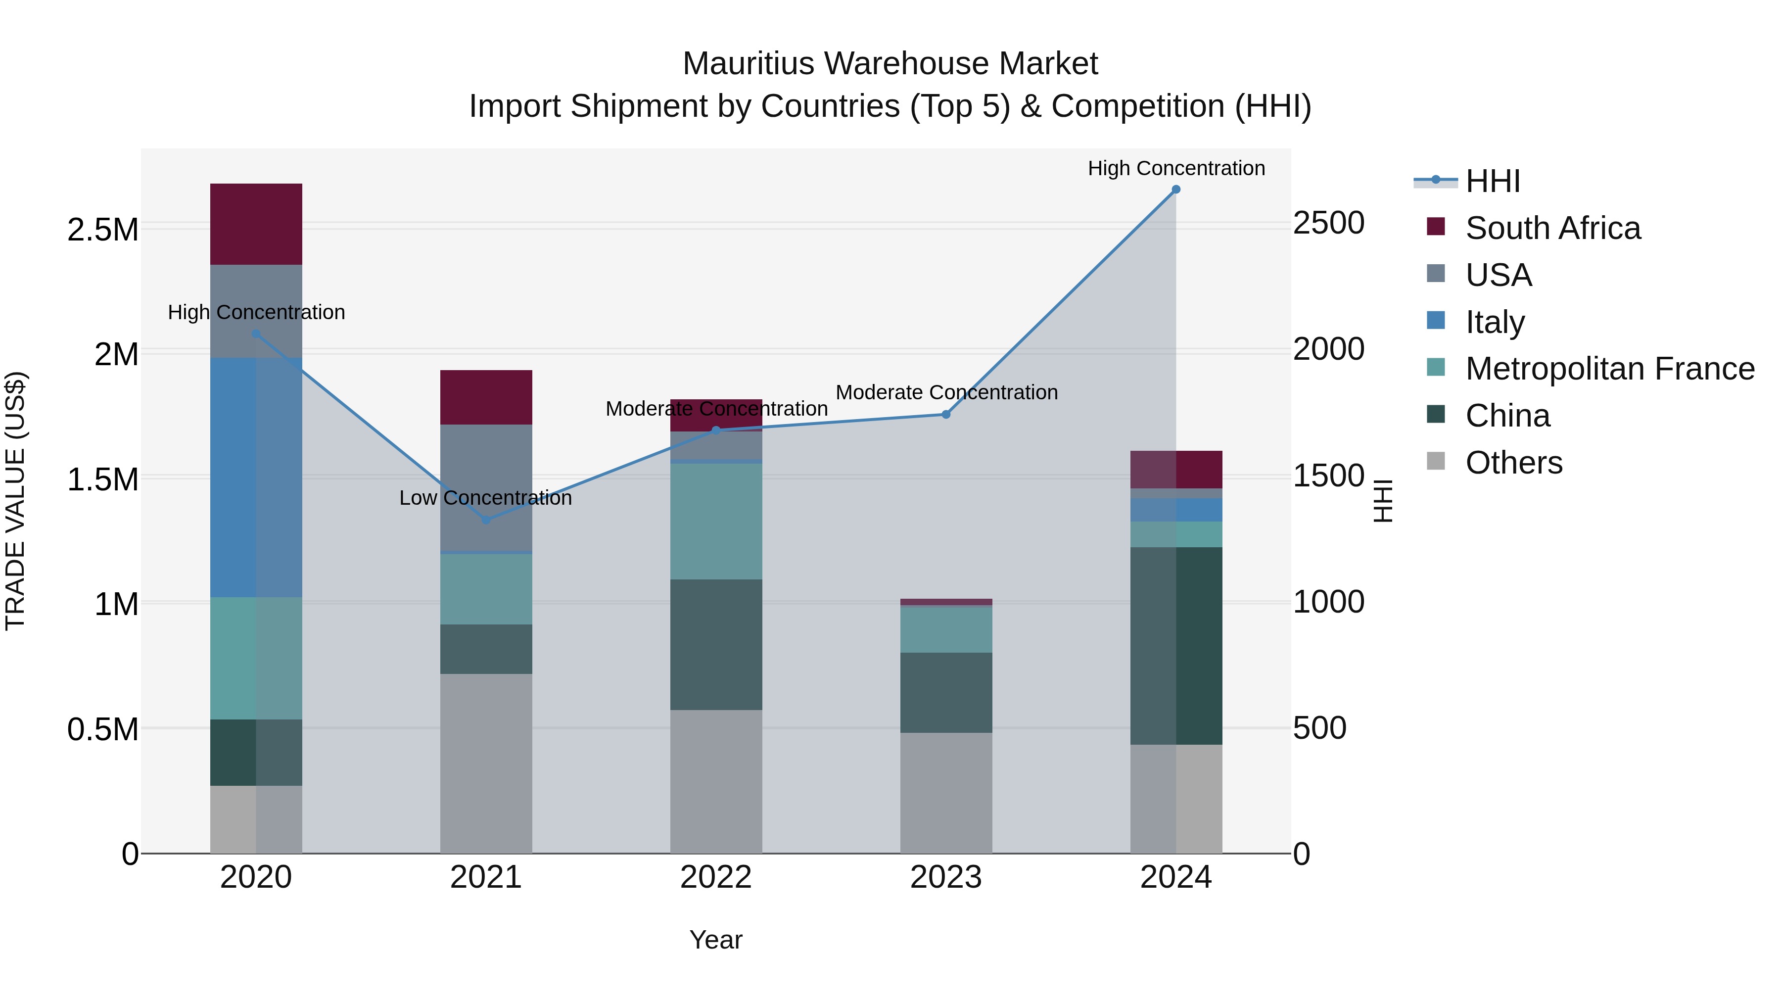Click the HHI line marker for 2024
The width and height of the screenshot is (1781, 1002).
(1176, 190)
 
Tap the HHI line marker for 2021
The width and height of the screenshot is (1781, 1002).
(486, 520)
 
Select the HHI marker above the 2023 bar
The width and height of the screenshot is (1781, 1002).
(946, 415)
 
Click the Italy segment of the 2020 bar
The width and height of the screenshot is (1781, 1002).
(256, 477)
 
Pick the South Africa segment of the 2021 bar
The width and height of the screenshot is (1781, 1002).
(486, 398)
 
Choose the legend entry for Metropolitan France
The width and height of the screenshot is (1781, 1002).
(1609, 369)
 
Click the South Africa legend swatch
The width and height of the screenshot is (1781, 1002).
(1436, 227)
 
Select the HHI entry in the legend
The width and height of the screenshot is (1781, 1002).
(1492, 181)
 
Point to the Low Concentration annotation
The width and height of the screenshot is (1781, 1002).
(485, 498)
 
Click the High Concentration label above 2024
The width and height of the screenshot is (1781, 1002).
(1176, 168)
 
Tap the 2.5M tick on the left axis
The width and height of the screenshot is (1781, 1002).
(102, 230)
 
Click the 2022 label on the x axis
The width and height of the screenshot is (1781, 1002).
(716, 877)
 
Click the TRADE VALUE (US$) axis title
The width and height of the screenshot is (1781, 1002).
(15, 501)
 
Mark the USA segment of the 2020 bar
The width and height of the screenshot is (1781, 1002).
(256, 311)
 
